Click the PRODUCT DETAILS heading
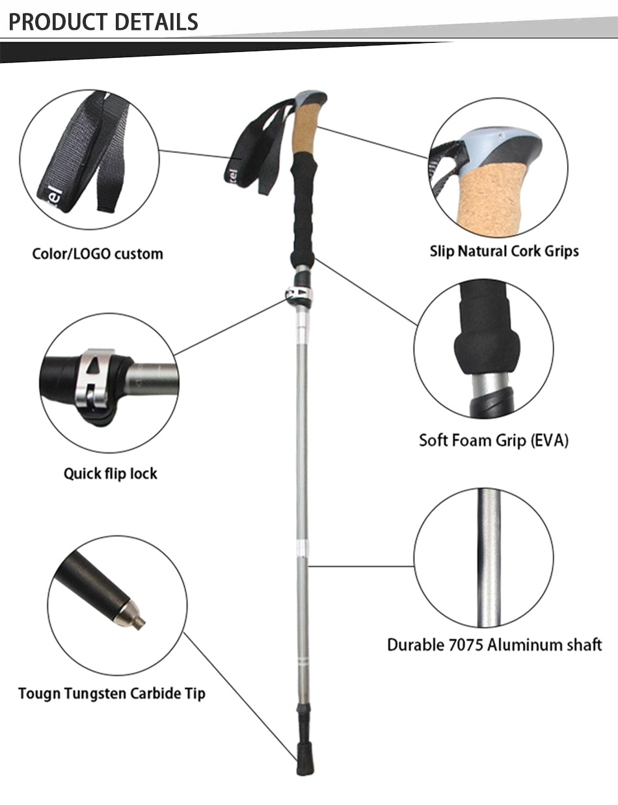(x=103, y=21)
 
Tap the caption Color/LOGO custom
(x=98, y=253)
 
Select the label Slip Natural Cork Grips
(x=504, y=251)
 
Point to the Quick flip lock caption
(x=110, y=473)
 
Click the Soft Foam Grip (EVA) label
(x=493, y=440)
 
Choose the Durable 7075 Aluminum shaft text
(x=494, y=645)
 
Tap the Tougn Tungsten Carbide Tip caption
(x=111, y=693)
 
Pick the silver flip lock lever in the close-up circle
(x=96, y=381)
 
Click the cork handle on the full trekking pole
(x=305, y=130)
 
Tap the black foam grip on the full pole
(x=303, y=208)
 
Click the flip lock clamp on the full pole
(x=299, y=294)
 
